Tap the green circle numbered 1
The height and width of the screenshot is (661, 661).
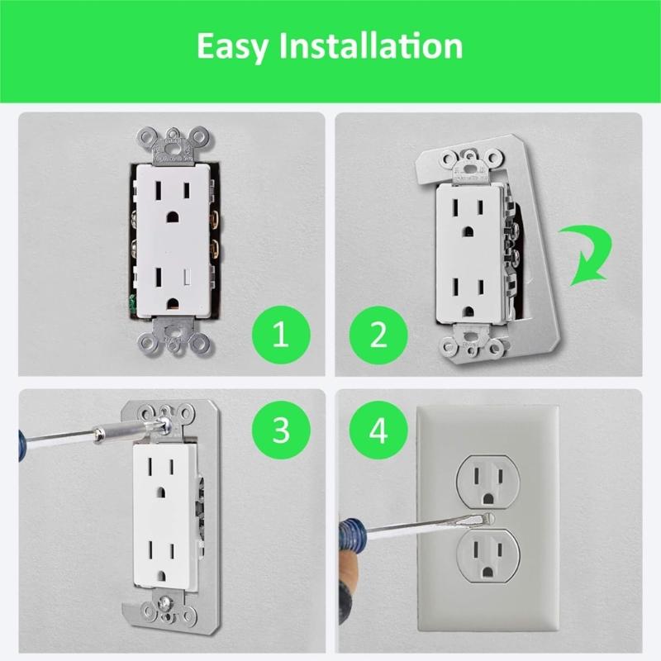pyautogui.click(x=281, y=336)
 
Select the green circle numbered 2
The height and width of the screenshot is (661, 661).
pyautogui.click(x=378, y=336)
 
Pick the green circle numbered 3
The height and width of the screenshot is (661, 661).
pyautogui.click(x=281, y=430)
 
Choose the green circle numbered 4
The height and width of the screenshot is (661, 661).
pyautogui.click(x=378, y=430)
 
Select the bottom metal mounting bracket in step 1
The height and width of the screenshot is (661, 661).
pyautogui.click(x=170, y=342)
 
